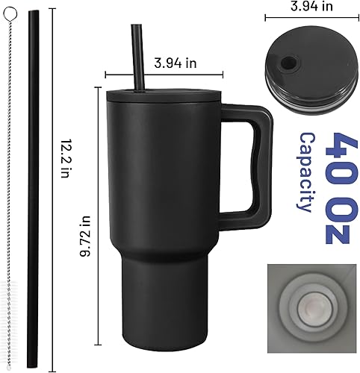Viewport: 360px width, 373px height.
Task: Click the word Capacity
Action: click(x=305, y=172)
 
